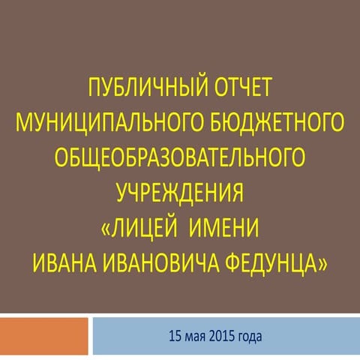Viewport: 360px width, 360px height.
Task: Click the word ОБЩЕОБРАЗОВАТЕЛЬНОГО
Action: click(180, 157)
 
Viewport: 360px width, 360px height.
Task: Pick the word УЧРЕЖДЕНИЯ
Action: click(180, 188)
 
